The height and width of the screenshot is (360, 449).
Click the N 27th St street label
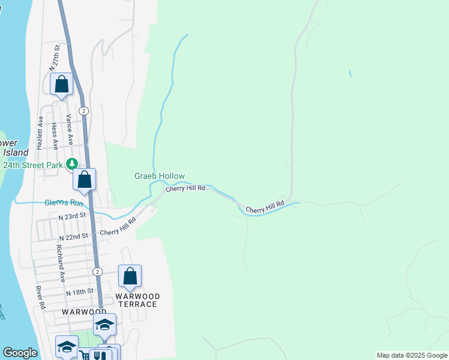pos(55,58)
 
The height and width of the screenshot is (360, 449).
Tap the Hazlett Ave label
pos(40,133)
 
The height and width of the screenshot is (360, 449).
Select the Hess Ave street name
pos(55,136)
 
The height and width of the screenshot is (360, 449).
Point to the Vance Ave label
pos(70,129)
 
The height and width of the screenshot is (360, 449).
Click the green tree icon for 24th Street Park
pos(72,163)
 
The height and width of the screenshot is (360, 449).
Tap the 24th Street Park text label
pos(32,164)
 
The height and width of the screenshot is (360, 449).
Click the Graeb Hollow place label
pos(155,176)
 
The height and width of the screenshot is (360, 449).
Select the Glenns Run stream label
pos(63,203)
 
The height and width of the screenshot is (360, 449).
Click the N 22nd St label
pos(77,236)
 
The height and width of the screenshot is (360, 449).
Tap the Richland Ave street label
pos(61,263)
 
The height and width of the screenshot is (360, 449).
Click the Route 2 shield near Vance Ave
pos(84,111)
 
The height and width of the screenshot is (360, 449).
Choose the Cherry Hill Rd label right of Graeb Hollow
pos(185,188)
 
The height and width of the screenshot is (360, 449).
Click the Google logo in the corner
pos(20,353)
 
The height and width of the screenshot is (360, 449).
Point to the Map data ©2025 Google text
pos(411,355)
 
